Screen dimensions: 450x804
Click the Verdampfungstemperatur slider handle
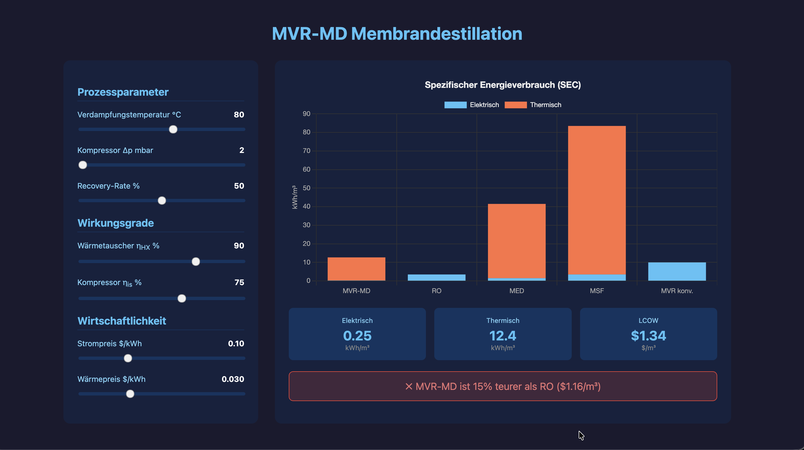tap(173, 129)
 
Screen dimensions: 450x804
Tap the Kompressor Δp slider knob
tap(83, 165)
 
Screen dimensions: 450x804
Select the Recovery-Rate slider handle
tap(162, 200)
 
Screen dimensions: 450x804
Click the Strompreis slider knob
tap(128, 358)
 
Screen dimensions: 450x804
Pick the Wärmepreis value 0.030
tap(233, 379)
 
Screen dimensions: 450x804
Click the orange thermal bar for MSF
tap(597, 200)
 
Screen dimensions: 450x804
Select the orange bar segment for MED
tap(517, 241)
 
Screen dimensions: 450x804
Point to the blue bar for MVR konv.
tap(677, 271)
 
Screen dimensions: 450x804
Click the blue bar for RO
tap(436, 278)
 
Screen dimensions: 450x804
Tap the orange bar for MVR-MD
tap(356, 269)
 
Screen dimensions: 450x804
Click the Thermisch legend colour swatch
tap(515, 105)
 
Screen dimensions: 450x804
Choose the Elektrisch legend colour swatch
tap(455, 105)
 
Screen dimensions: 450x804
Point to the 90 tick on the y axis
tap(307, 113)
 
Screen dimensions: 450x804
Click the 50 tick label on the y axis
tap(307, 188)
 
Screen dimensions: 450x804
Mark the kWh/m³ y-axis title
tap(295, 197)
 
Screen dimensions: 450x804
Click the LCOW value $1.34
tap(648, 336)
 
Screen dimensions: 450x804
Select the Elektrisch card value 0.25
tap(357, 336)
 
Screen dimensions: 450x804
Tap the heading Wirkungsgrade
tap(115, 223)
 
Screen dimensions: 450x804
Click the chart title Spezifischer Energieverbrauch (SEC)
tap(502, 85)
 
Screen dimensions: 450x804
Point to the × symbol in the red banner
tap(409, 386)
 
